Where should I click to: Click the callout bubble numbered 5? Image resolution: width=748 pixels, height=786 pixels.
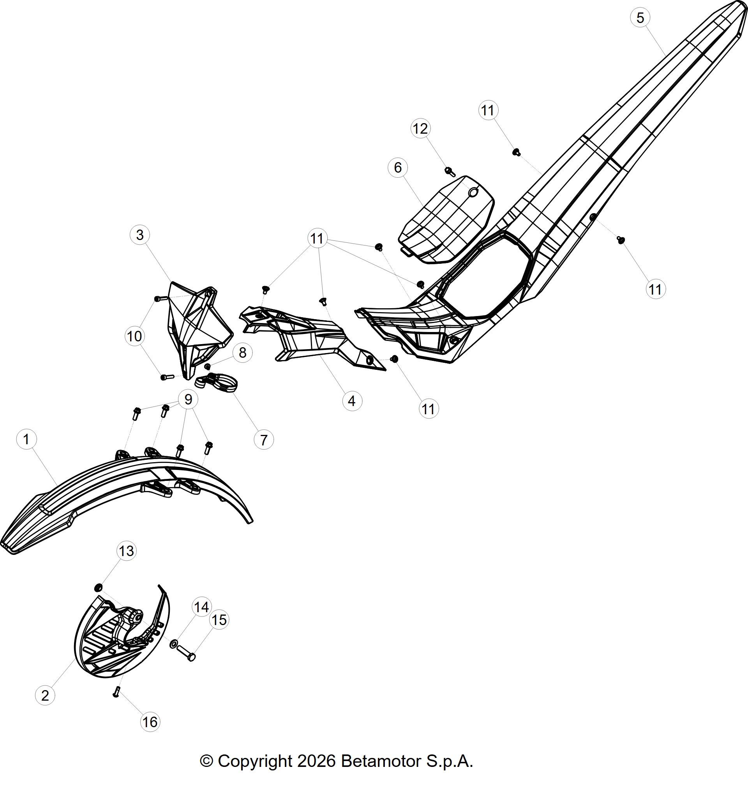[640, 18]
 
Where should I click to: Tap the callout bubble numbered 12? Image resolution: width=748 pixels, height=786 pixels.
[420, 129]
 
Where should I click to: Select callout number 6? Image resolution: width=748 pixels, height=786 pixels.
[397, 168]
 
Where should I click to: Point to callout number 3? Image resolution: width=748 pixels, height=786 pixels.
[139, 235]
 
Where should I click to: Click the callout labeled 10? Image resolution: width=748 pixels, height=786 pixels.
[134, 336]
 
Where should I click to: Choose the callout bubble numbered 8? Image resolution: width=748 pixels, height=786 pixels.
[242, 353]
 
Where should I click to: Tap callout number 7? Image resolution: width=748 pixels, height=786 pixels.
[264, 440]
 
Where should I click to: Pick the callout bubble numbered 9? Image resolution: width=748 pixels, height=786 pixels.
[188, 399]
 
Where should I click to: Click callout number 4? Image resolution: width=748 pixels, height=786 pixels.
[352, 401]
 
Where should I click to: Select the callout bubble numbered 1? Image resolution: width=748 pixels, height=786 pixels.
[26, 440]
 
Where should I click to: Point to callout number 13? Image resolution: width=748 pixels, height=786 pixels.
[126, 551]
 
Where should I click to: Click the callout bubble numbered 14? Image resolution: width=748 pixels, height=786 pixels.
[201, 607]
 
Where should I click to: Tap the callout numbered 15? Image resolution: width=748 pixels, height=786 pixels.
[219, 620]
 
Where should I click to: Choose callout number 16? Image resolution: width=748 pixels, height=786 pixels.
[150, 722]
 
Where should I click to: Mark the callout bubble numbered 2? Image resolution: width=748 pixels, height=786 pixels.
[45, 696]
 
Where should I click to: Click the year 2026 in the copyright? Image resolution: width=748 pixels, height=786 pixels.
[316, 761]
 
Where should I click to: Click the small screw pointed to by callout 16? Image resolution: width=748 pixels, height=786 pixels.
[116, 692]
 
